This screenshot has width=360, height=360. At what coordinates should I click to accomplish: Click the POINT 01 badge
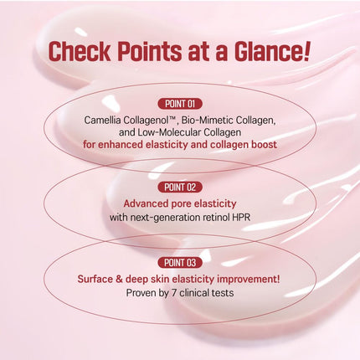180,104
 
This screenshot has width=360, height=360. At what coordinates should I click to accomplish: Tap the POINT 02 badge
180,187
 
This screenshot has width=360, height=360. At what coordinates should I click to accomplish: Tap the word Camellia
106,120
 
